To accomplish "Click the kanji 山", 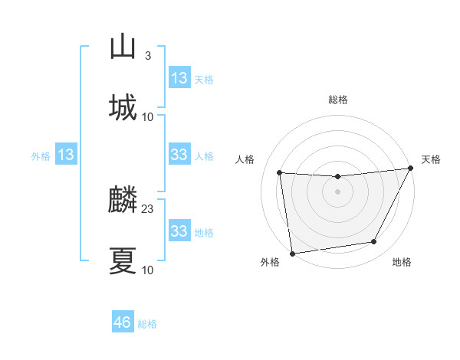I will click(123, 47).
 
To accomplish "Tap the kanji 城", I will click(123, 107).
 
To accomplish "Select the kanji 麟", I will click(123, 201).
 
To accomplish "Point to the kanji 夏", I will click(123, 260).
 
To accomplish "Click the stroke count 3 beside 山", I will click(147, 57).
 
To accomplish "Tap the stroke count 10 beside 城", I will click(148, 116).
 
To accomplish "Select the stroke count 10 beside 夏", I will click(148, 270).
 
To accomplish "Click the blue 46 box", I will click(123, 322).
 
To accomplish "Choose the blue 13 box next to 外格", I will click(66, 155).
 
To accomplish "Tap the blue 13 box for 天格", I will click(179, 78).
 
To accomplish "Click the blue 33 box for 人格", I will click(179, 155).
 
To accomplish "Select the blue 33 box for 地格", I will click(179, 231).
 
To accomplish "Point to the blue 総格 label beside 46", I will click(147, 324).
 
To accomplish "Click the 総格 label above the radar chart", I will click(338, 100).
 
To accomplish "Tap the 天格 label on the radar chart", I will click(431, 159).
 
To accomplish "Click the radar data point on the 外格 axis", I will click(292, 253).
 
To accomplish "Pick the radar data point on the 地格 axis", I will click(374, 242).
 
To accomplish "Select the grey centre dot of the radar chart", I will click(337, 191).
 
